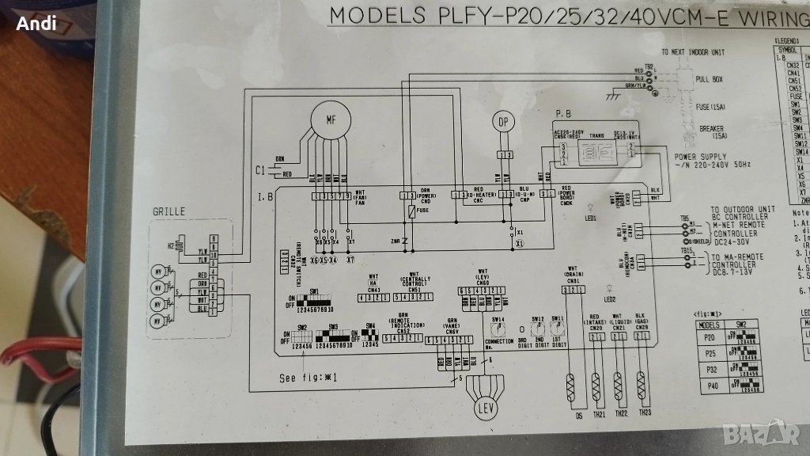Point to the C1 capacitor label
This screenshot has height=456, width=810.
[x=262, y=170]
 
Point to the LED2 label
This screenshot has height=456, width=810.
[x=609, y=298]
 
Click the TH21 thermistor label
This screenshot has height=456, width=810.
[x=597, y=414]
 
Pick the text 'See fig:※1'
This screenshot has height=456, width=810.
[x=308, y=378]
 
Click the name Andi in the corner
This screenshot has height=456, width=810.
[x=36, y=24]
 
